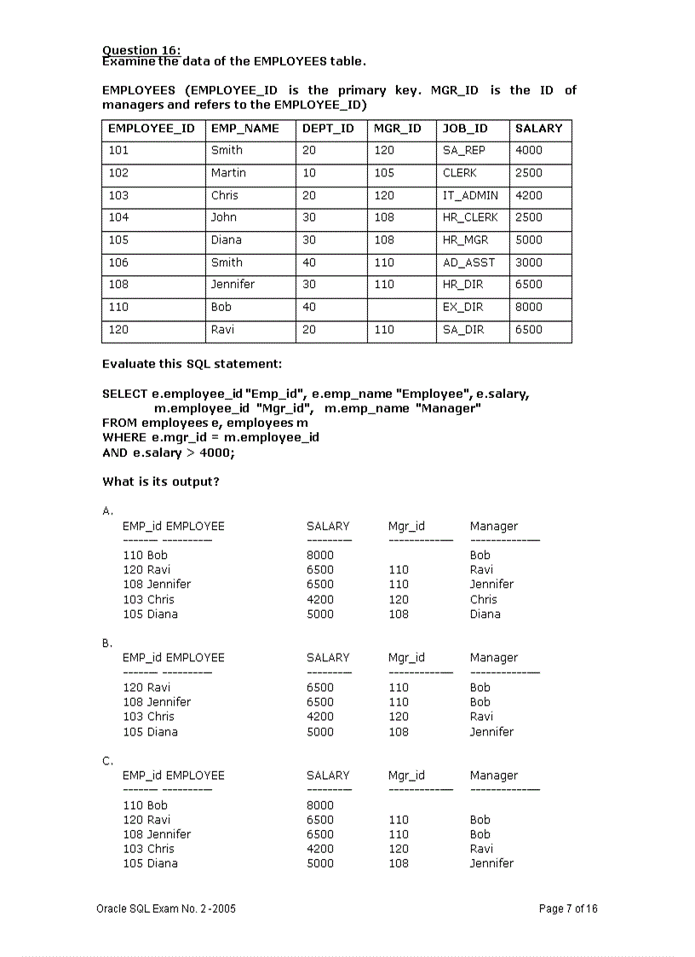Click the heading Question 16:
click(141, 50)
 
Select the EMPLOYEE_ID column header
click(152, 129)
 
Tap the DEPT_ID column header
click(328, 129)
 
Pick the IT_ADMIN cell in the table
click(470, 195)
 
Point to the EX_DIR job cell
click(462, 307)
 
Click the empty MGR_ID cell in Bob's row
click(402, 308)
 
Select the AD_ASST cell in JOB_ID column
click(468, 262)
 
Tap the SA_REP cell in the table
click(463, 151)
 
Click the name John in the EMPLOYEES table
click(224, 217)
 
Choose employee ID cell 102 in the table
click(118, 173)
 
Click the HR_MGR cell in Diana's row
click(465, 240)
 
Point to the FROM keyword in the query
click(119, 423)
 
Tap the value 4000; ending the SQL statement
click(216, 453)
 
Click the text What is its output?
click(161, 481)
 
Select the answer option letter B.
click(106, 643)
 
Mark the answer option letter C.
click(106, 761)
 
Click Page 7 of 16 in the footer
click(568, 908)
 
